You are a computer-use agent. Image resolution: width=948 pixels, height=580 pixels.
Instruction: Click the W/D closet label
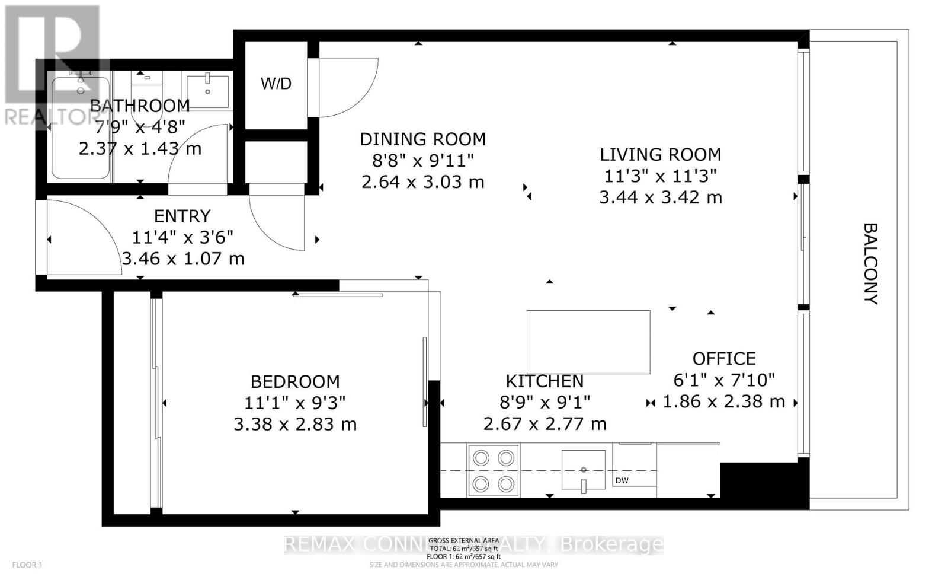(x=276, y=84)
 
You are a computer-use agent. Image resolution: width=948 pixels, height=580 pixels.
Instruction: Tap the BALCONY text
(x=869, y=263)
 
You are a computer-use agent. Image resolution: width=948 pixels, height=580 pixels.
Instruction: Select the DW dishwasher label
(x=622, y=480)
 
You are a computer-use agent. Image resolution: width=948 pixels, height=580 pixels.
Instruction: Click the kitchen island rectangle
(x=588, y=342)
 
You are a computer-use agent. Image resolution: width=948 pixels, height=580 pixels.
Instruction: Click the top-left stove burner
(x=481, y=458)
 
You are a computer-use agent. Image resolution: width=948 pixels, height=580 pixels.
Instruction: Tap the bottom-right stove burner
(x=505, y=485)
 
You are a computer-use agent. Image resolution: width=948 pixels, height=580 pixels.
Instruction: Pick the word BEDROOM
(x=295, y=381)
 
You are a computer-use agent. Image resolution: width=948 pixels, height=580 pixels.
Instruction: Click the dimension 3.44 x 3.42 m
(x=660, y=197)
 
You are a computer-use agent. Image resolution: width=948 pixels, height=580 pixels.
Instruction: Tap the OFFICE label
(x=724, y=358)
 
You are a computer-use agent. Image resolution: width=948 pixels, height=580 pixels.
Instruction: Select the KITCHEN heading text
(x=545, y=381)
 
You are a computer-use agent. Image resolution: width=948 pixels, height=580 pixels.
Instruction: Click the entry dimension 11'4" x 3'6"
(x=182, y=237)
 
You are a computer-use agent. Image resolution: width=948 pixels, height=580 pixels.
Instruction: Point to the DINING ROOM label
(x=422, y=139)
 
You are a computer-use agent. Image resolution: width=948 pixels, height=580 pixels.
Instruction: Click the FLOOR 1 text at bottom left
(x=28, y=565)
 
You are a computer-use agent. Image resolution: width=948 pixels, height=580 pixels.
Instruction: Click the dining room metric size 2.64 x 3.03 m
(x=422, y=181)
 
